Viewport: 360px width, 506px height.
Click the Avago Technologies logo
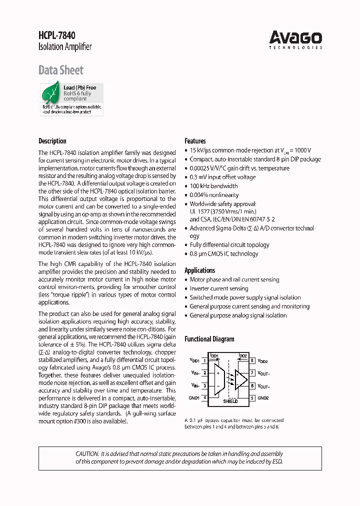tap(295, 38)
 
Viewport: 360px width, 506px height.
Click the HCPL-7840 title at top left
tap(57, 35)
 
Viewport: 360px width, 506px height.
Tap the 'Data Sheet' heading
tap(61, 70)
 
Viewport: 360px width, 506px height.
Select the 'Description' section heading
tap(52, 141)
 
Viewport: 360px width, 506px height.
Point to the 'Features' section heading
tap(195, 141)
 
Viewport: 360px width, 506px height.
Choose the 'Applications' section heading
tap(200, 270)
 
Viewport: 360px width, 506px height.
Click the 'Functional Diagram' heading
tap(209, 339)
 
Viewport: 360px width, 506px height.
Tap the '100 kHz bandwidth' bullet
tap(213, 186)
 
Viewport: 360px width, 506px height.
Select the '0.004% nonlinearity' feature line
tap(214, 195)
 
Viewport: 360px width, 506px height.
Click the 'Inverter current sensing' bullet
tap(218, 288)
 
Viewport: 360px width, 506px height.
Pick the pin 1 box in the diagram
tap(205, 360)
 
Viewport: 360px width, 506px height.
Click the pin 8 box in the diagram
tap(253, 360)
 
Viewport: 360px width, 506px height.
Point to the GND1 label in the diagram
tap(194, 398)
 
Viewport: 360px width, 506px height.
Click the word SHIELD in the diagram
tap(230, 401)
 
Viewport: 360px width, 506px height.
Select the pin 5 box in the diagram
tap(253, 398)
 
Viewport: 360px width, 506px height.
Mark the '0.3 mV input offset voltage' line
tap(222, 177)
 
